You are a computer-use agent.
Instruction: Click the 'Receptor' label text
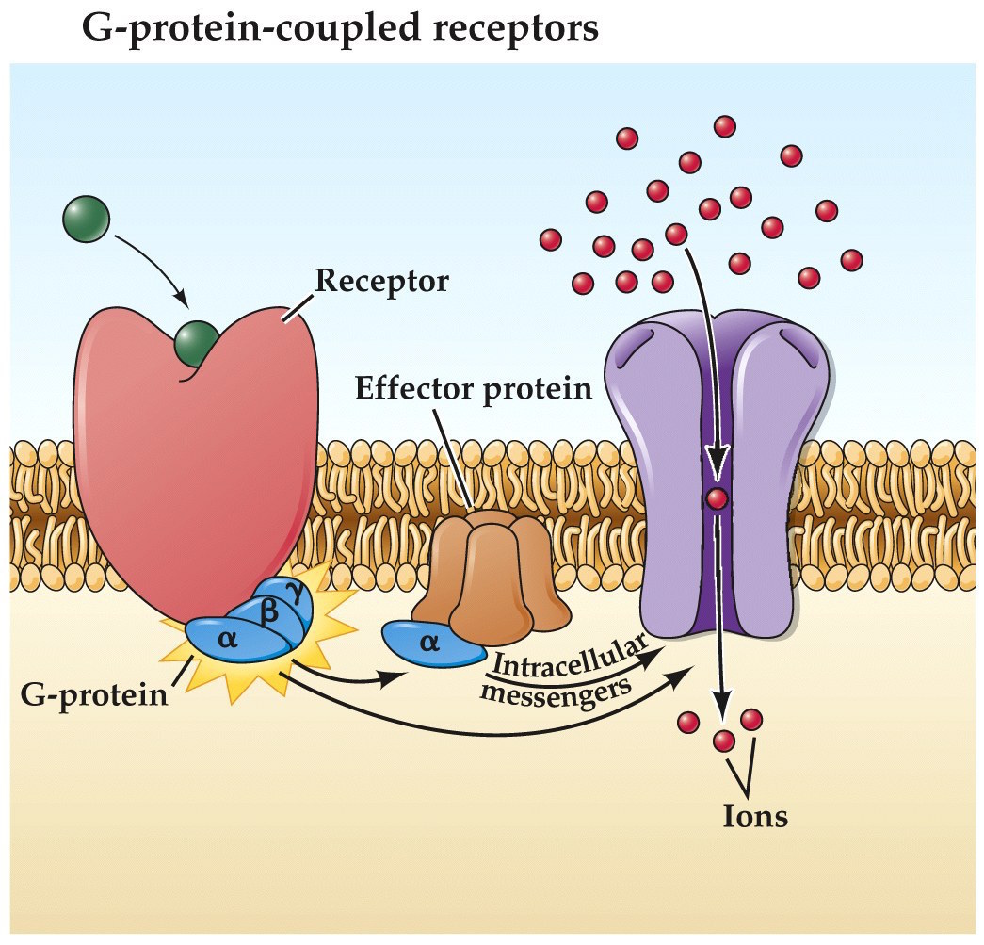[x=381, y=281]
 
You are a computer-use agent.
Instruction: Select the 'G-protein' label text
[x=93, y=697]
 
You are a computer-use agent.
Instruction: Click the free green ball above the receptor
[x=86, y=220]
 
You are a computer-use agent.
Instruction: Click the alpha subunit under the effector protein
[x=430, y=644]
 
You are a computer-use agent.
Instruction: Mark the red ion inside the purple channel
[x=718, y=499]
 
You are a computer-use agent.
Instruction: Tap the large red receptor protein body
[x=193, y=471]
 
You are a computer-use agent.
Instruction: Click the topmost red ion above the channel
[x=725, y=125]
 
